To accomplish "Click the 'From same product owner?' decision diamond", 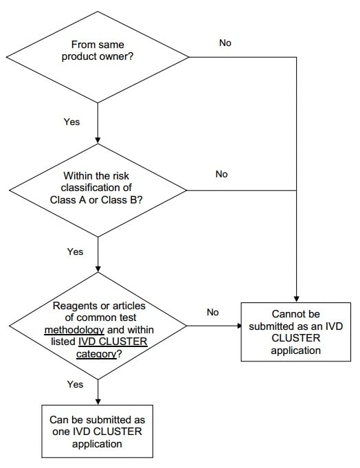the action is tap(98, 57).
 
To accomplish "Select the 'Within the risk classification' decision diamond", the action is tap(98, 190).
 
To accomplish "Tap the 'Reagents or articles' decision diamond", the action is tap(98, 326).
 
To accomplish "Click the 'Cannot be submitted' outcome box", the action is tap(296, 332).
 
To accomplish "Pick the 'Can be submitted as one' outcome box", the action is tap(98, 432).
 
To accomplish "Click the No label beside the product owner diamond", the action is tap(225, 43).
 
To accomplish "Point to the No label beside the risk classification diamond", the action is tap(222, 174).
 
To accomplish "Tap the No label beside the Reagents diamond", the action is tap(213, 312).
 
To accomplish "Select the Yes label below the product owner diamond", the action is tap(71, 122).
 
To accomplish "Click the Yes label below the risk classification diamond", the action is tap(75, 252).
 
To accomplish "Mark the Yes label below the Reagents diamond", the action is tap(75, 384).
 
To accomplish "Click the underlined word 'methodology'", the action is tap(74, 330).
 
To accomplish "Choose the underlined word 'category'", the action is tap(96, 354).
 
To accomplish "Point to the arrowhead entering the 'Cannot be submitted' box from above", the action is tap(296, 299).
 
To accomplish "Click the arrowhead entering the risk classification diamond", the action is tap(98, 140).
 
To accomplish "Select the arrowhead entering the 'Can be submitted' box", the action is tap(98, 402).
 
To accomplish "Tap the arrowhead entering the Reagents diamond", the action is tap(98, 269).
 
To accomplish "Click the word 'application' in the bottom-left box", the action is tap(97, 444).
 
